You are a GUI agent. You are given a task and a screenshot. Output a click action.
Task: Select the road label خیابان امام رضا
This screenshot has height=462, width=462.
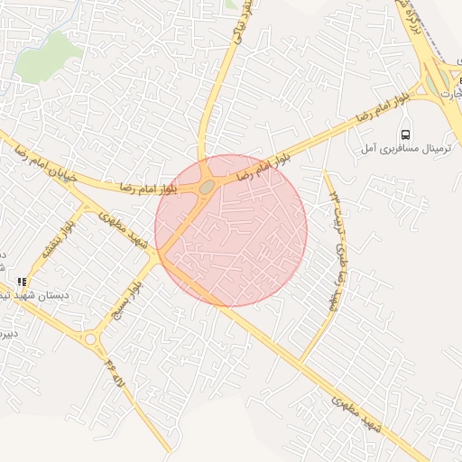click(41, 158)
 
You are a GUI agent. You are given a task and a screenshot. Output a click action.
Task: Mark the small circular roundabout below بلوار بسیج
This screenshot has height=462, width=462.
click(90, 339)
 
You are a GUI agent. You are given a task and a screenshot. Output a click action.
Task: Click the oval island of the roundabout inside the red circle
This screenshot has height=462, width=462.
click(207, 186)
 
